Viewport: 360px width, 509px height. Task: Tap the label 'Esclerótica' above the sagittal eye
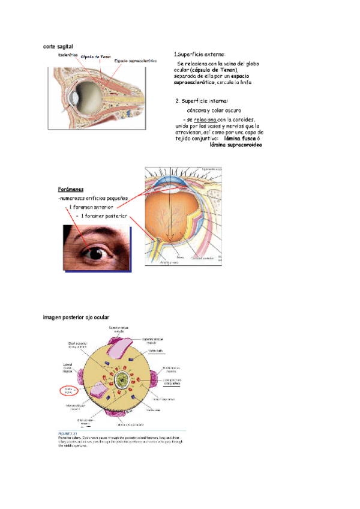[x=68, y=55]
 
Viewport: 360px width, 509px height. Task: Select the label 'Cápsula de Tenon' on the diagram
[x=97, y=56]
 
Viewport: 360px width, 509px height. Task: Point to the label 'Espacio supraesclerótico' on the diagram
[x=136, y=60]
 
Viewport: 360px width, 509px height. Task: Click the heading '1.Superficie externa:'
[x=199, y=54]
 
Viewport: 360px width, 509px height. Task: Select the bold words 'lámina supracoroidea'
[x=236, y=145]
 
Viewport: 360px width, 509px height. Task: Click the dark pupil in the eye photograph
[x=96, y=254]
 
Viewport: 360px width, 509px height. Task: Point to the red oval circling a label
[x=68, y=391]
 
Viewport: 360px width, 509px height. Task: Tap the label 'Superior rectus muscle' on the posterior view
[x=118, y=330]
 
